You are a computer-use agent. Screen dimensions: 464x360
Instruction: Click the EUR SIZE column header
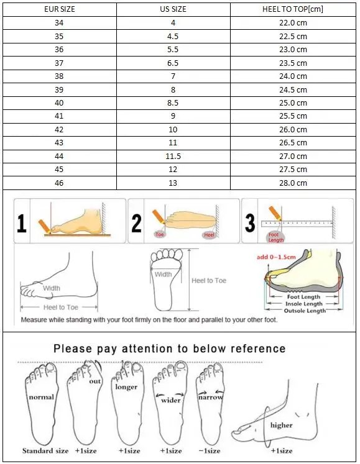click(x=58, y=9)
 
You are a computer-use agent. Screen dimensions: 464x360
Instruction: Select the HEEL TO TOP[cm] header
click(x=292, y=9)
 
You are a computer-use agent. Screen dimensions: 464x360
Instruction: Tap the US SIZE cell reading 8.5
click(x=173, y=103)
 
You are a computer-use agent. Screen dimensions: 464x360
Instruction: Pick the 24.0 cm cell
click(x=292, y=76)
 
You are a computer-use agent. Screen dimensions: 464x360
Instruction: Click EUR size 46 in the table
click(x=58, y=183)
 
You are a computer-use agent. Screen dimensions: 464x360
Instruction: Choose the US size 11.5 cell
click(x=173, y=157)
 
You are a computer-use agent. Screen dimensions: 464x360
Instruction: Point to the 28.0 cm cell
click(x=292, y=183)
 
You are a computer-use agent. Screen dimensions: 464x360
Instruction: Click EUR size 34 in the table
click(x=58, y=23)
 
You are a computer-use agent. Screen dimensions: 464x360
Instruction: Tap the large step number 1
click(x=22, y=222)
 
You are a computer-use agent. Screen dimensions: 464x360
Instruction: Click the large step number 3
click(x=250, y=222)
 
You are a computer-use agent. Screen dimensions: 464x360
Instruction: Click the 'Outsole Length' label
click(x=305, y=311)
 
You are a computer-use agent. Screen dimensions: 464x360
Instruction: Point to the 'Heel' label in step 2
click(x=209, y=235)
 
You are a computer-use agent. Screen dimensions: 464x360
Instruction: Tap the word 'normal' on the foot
click(x=40, y=397)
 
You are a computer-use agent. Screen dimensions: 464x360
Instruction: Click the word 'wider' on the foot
click(x=171, y=400)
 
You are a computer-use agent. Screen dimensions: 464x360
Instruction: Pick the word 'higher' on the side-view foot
click(x=281, y=425)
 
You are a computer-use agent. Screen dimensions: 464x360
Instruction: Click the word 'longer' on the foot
click(x=126, y=387)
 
